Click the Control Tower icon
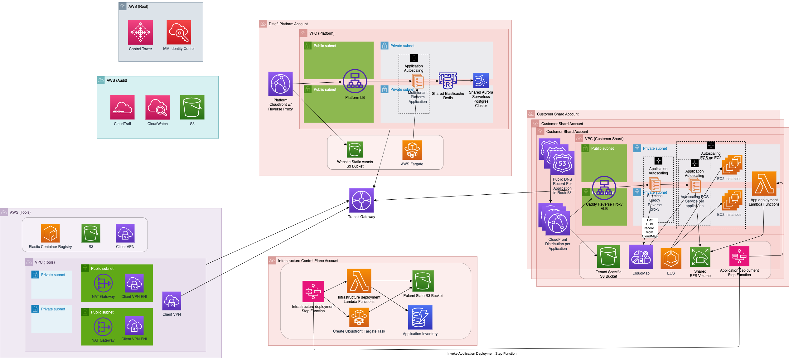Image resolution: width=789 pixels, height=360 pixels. [140, 32]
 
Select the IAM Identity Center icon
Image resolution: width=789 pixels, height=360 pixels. [179, 32]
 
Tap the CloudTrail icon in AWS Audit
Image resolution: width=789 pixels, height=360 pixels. [122, 107]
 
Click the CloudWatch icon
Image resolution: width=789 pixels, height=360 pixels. [157, 107]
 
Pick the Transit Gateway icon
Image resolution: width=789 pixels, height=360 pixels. [361, 200]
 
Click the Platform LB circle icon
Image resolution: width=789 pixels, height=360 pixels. [355, 81]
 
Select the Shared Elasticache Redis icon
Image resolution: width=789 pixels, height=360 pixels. [448, 81]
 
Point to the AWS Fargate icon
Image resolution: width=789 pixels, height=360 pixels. [412, 150]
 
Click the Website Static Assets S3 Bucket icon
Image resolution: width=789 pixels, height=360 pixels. [355, 149]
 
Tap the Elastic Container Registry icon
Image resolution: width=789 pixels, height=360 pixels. [50, 233]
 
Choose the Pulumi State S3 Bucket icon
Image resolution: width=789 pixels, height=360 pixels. [423, 281]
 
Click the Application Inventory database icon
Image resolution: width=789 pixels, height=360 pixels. [420, 317]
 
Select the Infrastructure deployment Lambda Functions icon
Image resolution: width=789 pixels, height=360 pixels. [359, 281]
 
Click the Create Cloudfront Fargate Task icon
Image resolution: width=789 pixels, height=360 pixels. [359, 317]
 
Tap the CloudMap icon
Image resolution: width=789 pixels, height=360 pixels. [641, 257]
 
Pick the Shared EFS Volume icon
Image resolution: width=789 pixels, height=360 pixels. [700, 257]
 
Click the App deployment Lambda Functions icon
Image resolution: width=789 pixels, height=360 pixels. [764, 183]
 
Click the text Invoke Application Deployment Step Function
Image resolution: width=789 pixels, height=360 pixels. [482, 353]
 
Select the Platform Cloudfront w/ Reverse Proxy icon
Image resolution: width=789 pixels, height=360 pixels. [280, 84]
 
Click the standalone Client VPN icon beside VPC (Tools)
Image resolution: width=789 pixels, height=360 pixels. [172, 301]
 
